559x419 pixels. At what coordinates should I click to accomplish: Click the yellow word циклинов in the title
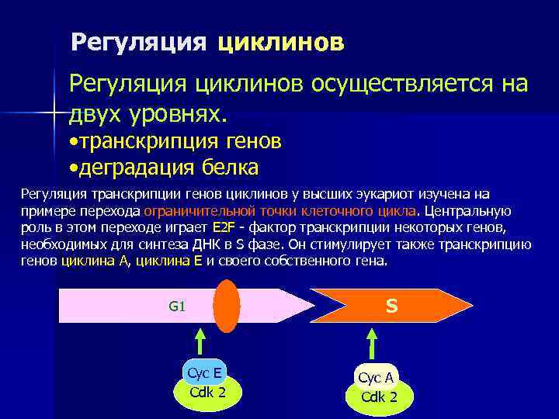(x=280, y=42)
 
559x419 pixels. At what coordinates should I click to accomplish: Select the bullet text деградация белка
(x=167, y=166)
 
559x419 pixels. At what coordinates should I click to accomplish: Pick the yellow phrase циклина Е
(x=168, y=261)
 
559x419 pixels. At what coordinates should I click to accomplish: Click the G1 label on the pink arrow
(x=176, y=306)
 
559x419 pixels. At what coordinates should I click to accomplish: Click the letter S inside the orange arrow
(x=391, y=306)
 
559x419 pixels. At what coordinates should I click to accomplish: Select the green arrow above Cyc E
(x=200, y=341)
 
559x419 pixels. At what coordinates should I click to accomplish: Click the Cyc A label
(x=377, y=378)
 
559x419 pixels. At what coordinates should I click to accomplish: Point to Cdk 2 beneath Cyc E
(x=207, y=392)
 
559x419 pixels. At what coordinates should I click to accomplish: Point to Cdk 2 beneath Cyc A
(x=379, y=397)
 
